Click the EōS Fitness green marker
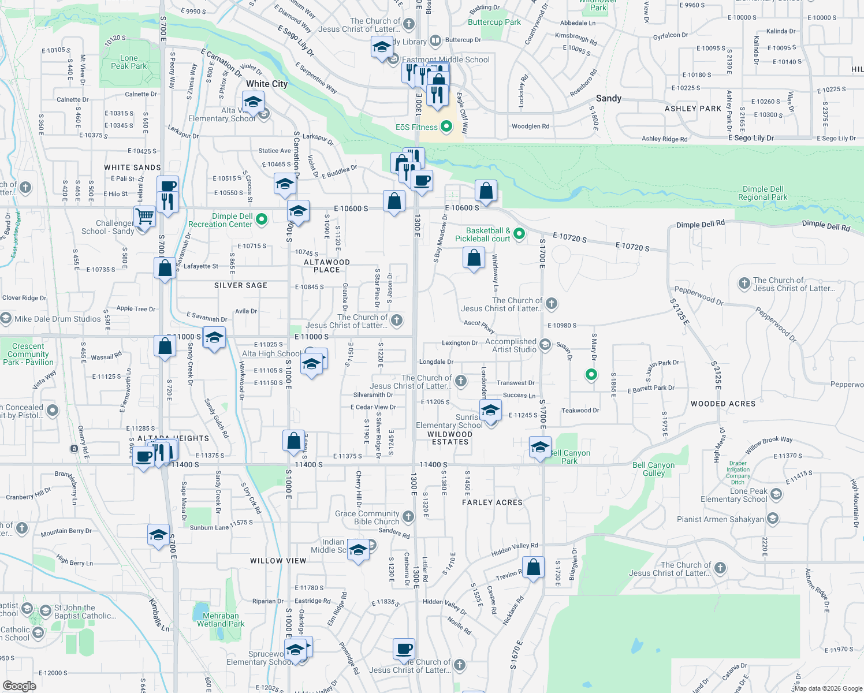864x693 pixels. pyautogui.click(x=446, y=126)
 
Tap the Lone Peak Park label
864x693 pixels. pyautogui.click(x=129, y=62)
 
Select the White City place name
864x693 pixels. pyautogui.click(x=266, y=84)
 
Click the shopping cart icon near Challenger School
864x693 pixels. pyautogui.click(x=145, y=217)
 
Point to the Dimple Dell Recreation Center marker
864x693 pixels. pyautogui.click(x=261, y=219)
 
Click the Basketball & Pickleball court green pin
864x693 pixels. pyautogui.click(x=519, y=233)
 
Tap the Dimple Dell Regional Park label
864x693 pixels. pyautogui.click(x=762, y=193)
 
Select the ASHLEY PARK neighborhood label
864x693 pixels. pyautogui.click(x=693, y=109)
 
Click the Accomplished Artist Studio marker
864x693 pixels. pyautogui.click(x=545, y=345)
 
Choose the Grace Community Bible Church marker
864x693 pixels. pyautogui.click(x=408, y=516)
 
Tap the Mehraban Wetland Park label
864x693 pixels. pyautogui.click(x=221, y=620)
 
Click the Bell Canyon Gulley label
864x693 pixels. pyautogui.click(x=653, y=469)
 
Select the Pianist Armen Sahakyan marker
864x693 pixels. pyautogui.click(x=773, y=519)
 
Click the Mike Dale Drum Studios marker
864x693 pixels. pyautogui.click(x=6, y=318)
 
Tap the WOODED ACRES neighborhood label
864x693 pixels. pyautogui.click(x=723, y=404)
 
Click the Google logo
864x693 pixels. pyautogui.click(x=20, y=685)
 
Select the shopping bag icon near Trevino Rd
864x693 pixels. pyautogui.click(x=533, y=567)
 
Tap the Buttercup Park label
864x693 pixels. pyautogui.click(x=494, y=22)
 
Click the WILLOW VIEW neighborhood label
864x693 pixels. pyautogui.click(x=278, y=561)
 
